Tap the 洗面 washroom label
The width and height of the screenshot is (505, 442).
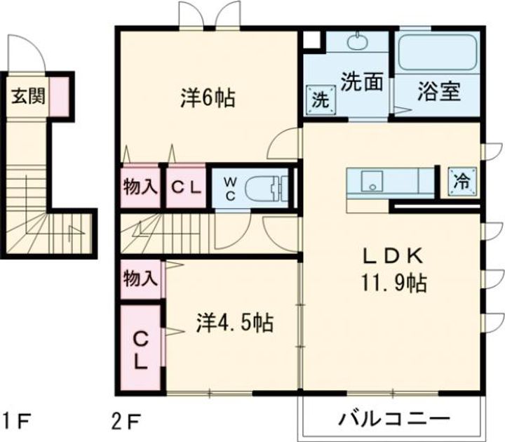(362, 82)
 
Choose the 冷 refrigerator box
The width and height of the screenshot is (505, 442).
(461, 181)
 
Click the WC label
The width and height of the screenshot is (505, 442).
(230, 187)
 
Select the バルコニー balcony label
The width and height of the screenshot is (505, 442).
(393, 420)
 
